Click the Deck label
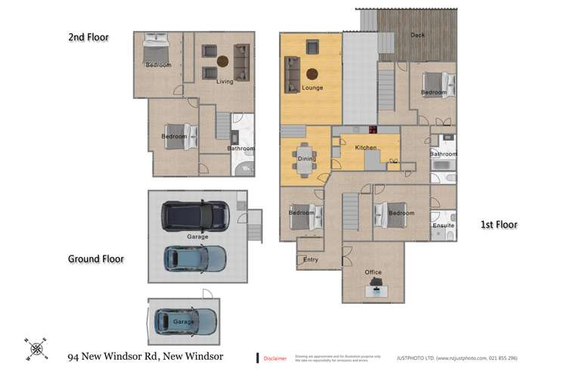pyautogui.click(x=417, y=35)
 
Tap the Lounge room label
pyautogui.click(x=312, y=88)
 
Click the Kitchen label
pyautogui.click(x=366, y=148)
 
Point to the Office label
pyautogui.click(x=373, y=272)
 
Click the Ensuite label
pyautogui.click(x=443, y=225)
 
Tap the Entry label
pyautogui.click(x=310, y=259)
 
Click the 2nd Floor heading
pyautogui.click(x=89, y=36)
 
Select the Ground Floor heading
pyautogui.click(x=95, y=259)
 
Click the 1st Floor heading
pyautogui.click(x=498, y=225)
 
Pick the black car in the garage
pyautogui.click(x=195, y=215)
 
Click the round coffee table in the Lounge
pyautogui.click(x=311, y=73)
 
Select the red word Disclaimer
pyautogui.click(x=276, y=358)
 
